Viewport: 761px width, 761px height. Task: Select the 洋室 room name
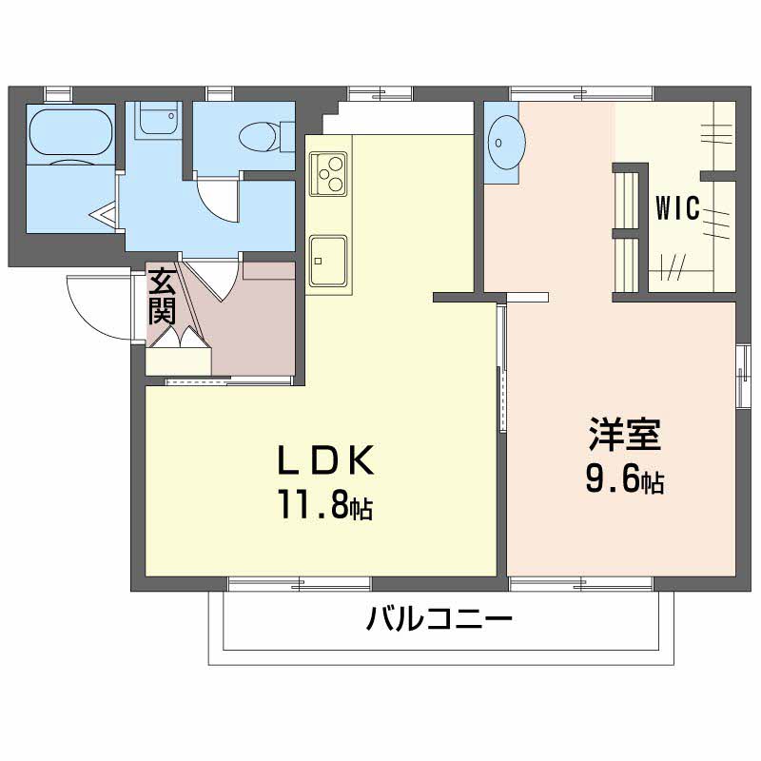(x=623, y=437)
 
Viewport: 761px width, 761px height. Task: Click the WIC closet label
(x=677, y=207)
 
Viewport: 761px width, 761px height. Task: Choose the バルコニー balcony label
(x=439, y=623)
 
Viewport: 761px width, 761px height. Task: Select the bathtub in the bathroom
(x=70, y=134)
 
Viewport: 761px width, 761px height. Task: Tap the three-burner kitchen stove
(x=328, y=173)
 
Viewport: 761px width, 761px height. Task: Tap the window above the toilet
(x=220, y=92)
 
